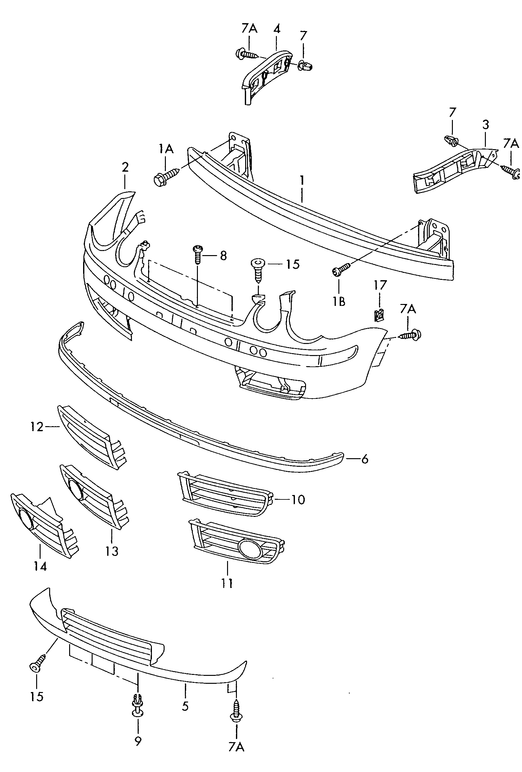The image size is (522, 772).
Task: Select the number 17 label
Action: pyautogui.click(x=380, y=285)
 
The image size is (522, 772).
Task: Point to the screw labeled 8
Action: pyautogui.click(x=198, y=254)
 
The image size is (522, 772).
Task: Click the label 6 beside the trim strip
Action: pyautogui.click(x=365, y=459)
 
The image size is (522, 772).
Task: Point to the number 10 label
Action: pyautogui.click(x=298, y=499)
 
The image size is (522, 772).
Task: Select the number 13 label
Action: pyautogui.click(x=112, y=551)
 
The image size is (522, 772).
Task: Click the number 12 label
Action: pyautogui.click(x=36, y=427)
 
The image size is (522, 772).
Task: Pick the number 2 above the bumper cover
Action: pyautogui.click(x=125, y=167)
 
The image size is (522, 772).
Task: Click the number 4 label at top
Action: pyautogui.click(x=277, y=29)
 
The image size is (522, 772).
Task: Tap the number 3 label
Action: pyautogui.click(x=486, y=125)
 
